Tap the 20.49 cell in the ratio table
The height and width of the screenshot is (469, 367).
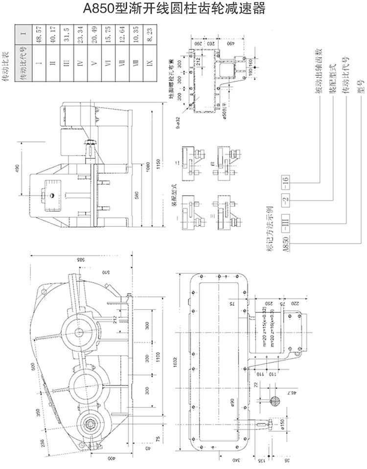(94, 35)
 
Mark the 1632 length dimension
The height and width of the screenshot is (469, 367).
(175, 361)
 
